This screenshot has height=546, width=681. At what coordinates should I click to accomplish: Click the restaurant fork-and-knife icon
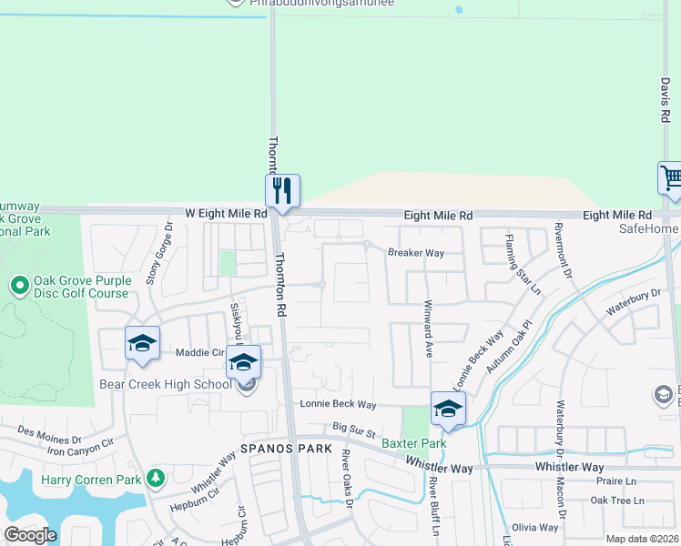point(282,189)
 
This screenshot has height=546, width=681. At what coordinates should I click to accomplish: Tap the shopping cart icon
point(671,177)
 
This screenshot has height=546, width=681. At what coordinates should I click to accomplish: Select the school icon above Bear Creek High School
point(243,361)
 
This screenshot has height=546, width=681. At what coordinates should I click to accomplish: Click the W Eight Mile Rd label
point(226,213)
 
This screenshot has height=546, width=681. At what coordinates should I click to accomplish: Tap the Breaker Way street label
point(416,253)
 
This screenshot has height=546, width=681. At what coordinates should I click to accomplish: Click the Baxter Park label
point(413,444)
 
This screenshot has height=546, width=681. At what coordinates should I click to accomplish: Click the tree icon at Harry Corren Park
point(156,477)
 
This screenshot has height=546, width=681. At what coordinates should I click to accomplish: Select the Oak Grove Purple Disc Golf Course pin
point(19,286)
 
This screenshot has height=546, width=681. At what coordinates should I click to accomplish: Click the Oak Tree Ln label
point(616,500)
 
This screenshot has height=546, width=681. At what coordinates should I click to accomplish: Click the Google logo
point(30,534)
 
